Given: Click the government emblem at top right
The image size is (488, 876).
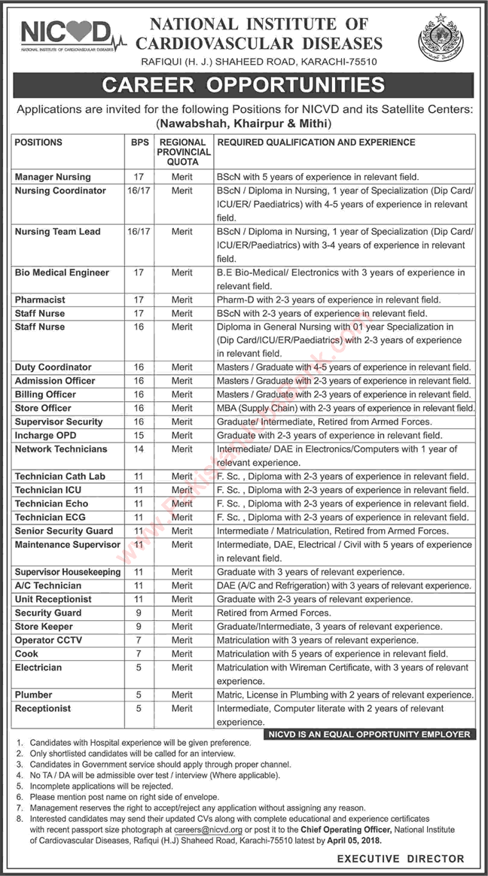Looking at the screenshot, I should [x=441, y=39].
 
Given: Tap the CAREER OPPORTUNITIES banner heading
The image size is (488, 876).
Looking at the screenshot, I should [x=244, y=85].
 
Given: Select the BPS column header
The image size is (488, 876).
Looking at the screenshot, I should [x=138, y=142].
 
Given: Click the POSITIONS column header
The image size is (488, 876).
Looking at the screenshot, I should [x=38, y=142].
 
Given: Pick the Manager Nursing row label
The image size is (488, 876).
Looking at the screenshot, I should [x=53, y=177].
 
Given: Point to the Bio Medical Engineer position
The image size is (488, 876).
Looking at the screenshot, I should [x=62, y=272].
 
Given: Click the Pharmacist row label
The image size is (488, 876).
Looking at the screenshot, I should [x=40, y=300].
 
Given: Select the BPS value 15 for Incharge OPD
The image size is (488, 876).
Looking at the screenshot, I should [x=138, y=436].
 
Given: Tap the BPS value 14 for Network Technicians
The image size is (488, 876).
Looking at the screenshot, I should [x=138, y=449].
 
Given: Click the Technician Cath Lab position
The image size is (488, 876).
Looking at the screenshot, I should [x=60, y=476].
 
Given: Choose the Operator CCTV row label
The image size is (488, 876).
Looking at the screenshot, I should [x=48, y=640].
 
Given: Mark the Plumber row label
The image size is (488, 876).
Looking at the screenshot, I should [x=34, y=695].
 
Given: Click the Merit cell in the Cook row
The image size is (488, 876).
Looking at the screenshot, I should [x=181, y=653].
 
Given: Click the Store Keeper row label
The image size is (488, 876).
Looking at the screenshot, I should [x=44, y=626].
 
